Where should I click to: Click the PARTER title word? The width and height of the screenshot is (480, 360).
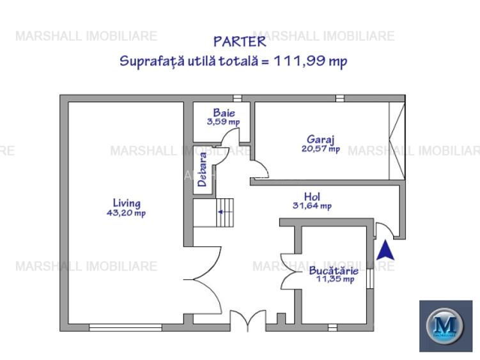[x=240, y=42]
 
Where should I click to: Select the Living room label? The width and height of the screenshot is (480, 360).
[x=126, y=203]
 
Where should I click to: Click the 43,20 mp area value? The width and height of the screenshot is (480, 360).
[x=126, y=213]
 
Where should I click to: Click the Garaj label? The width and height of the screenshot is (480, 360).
[x=320, y=139]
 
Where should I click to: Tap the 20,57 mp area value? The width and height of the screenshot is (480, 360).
[x=320, y=148]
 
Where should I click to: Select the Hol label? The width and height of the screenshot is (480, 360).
[x=312, y=196]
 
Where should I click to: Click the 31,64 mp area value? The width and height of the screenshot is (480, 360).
[x=312, y=206]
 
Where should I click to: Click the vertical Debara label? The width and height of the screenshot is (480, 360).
[x=202, y=169]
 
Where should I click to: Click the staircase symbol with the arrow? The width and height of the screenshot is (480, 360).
[x=214, y=212]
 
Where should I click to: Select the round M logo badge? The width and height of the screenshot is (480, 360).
[x=445, y=325]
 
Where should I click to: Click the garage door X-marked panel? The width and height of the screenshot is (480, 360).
[x=396, y=139]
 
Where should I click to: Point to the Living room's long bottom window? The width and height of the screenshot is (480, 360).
[x=125, y=327]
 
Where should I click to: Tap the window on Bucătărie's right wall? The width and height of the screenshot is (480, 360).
[x=369, y=278]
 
